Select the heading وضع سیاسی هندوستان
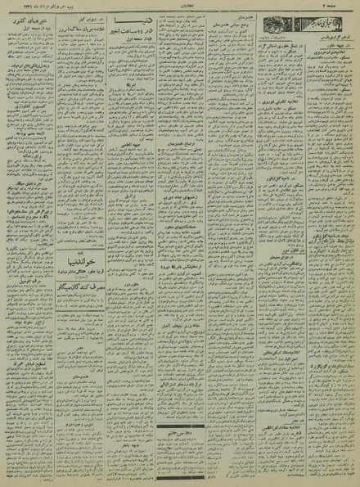230,34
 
